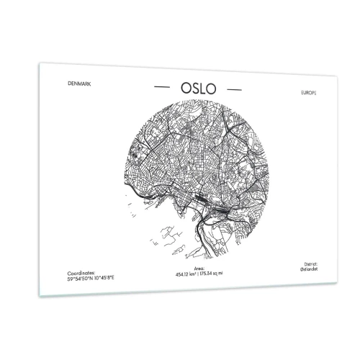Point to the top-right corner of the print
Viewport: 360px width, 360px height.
click(x=336, y=78)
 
